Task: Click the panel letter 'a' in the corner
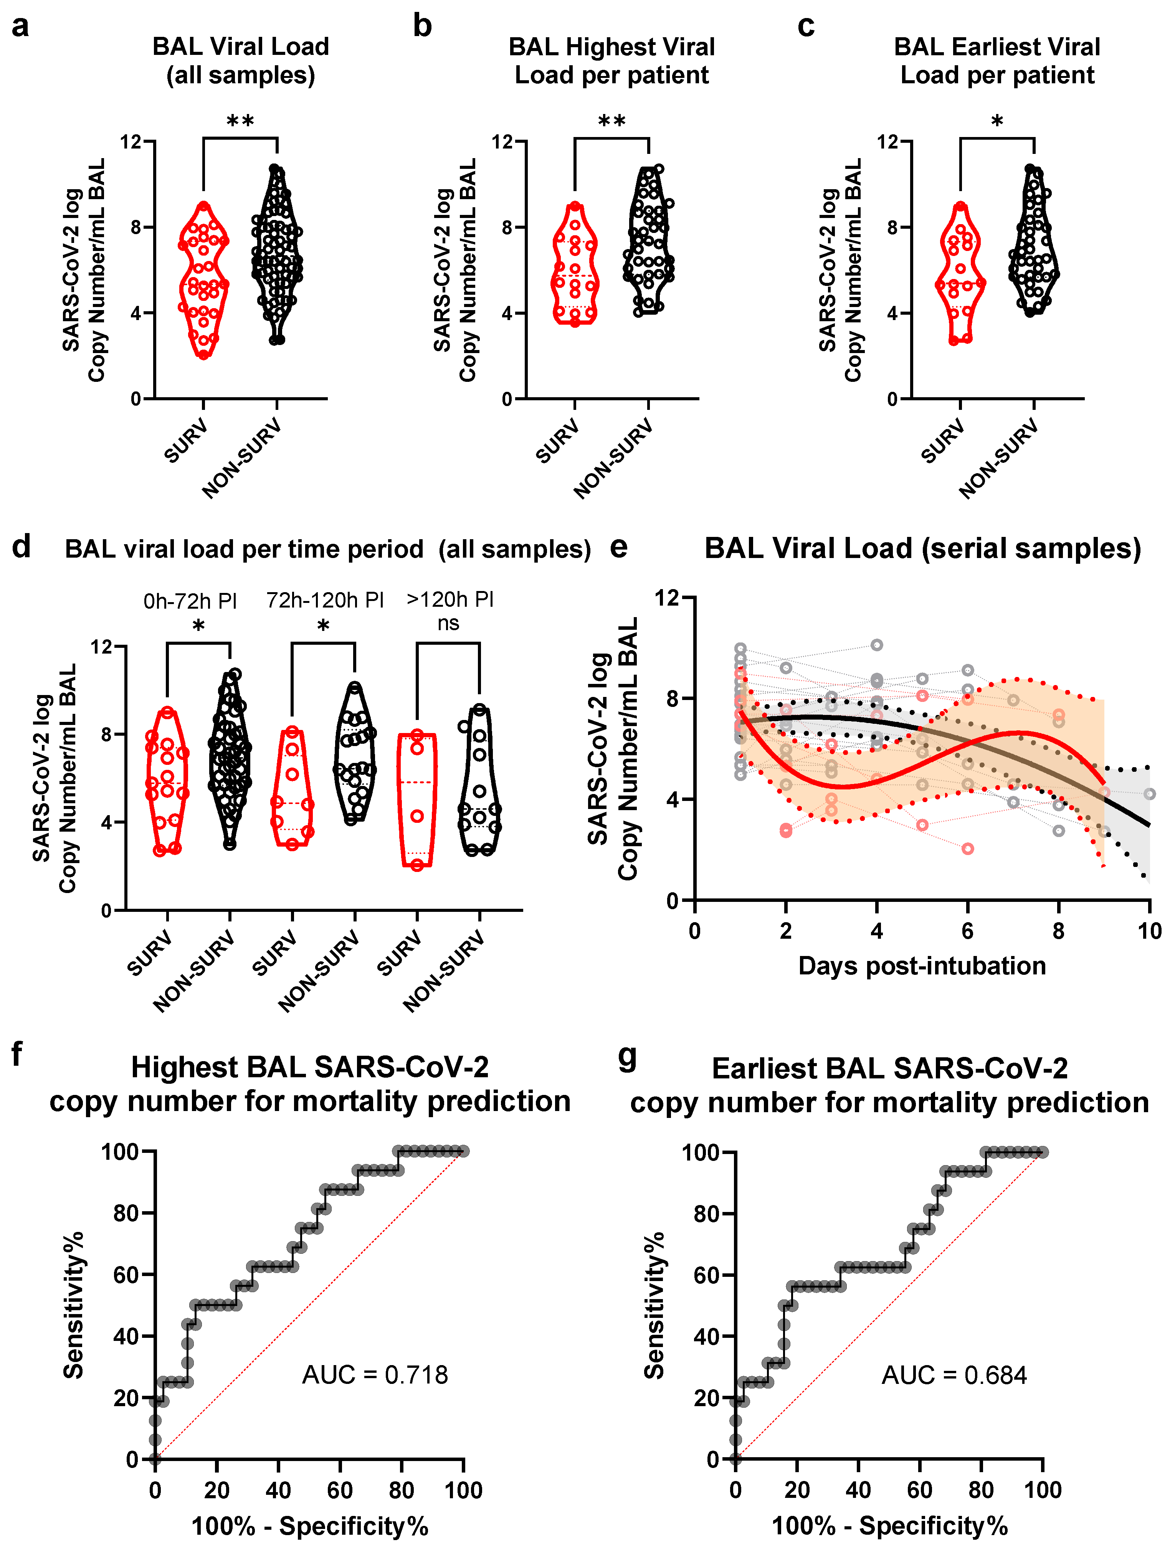coord(20,26)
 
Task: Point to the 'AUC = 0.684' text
coord(954,1375)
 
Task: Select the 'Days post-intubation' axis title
coord(922,966)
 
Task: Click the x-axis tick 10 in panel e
coord(1149,931)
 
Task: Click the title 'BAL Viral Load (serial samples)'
coord(922,548)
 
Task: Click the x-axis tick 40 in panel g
coord(858,1490)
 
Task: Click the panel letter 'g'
coord(627,1057)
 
